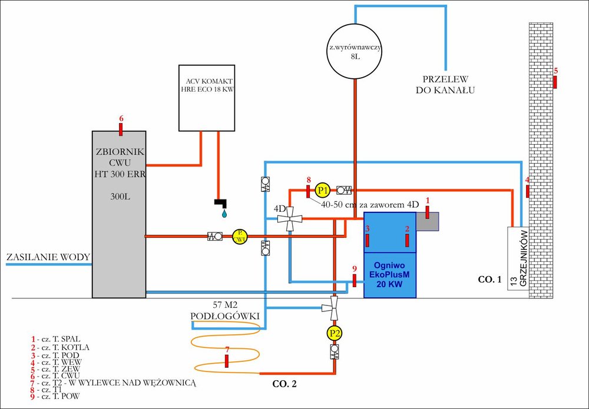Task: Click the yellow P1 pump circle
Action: (x=322, y=190)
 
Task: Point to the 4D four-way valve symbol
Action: (x=290, y=220)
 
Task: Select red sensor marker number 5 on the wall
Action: (x=555, y=82)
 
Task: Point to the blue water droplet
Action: (x=224, y=214)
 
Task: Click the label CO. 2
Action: (x=286, y=385)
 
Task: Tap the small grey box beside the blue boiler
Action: (x=428, y=221)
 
